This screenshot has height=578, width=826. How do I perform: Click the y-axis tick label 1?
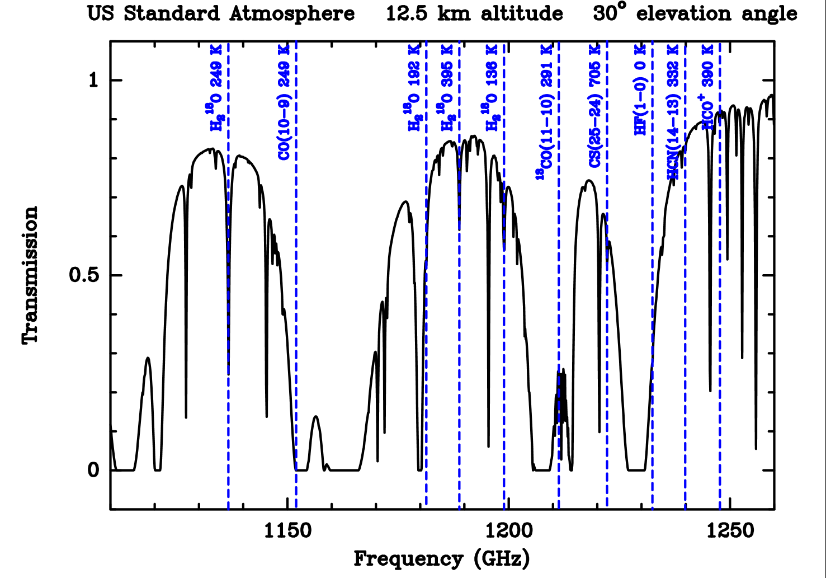93,81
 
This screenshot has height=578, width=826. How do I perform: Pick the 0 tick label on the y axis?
93,470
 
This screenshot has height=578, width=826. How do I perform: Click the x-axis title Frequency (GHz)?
442,558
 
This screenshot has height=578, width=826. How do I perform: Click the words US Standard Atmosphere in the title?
221,13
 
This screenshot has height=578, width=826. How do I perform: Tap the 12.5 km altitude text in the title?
474,13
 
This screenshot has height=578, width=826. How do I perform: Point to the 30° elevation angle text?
695,13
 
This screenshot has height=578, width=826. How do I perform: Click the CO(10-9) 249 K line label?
284,103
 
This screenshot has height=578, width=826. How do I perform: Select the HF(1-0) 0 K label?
640,90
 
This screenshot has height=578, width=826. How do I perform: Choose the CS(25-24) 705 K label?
596,106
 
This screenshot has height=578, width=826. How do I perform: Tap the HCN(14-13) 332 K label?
673,112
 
